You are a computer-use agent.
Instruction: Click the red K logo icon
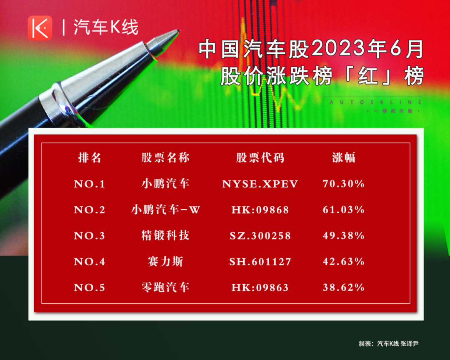[40, 28]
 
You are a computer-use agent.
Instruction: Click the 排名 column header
[90, 157]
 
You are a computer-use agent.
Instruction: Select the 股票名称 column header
[165, 157]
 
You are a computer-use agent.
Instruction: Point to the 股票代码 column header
[260, 157]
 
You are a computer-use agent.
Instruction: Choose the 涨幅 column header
[343, 157]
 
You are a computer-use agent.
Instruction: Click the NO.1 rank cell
[90, 184]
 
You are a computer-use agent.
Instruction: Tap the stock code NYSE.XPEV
[260, 184]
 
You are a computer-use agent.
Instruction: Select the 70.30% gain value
[343, 184]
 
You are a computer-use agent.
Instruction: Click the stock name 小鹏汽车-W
[165, 210]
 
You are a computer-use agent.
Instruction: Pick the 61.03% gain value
[343, 210]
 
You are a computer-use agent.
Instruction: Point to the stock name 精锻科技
[165, 235]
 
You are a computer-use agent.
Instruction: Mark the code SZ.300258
[260, 236]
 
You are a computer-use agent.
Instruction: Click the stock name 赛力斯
[165, 262]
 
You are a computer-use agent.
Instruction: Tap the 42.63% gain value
[343, 262]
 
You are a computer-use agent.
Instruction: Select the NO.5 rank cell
[90, 287]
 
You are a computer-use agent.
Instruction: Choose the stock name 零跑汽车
[165, 287]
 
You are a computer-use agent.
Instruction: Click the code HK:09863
[260, 287]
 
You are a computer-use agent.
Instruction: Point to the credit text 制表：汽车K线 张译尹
[389, 344]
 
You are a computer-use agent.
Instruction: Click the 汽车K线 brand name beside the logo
[106, 27]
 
